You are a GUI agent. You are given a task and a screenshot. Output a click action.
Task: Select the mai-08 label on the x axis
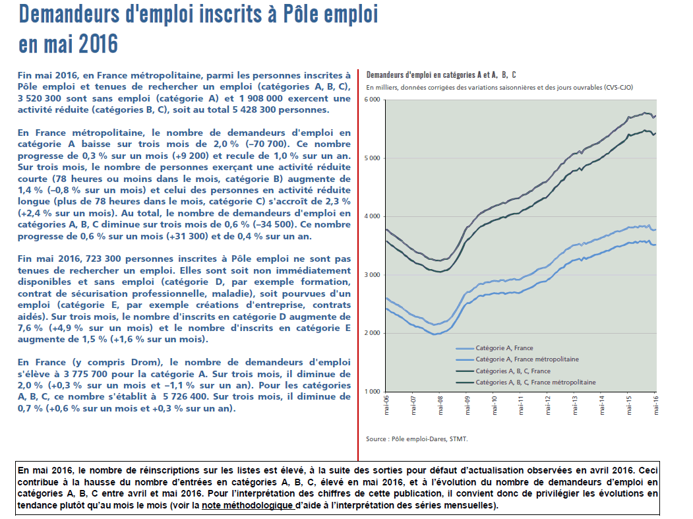[440, 405]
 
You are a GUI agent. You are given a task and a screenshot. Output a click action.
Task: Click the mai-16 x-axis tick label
[655, 405]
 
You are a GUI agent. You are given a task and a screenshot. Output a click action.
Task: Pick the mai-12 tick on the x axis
[547, 405]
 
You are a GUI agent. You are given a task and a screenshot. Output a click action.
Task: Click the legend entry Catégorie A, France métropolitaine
[527, 359]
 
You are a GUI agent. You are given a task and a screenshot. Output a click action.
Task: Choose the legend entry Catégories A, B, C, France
[513, 371]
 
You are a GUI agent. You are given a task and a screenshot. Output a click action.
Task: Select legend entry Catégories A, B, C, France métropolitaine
[535, 382]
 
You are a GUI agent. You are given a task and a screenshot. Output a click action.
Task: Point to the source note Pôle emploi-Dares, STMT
[417, 439]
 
